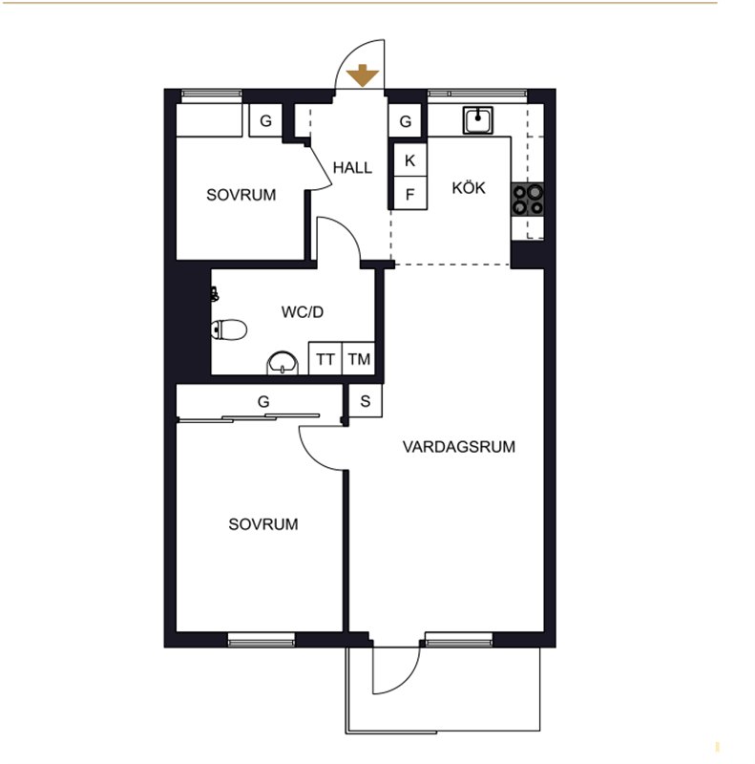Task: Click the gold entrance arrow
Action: [x=363, y=75]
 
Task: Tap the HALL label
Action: [x=352, y=168]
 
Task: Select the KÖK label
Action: [x=469, y=187]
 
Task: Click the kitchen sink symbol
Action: [x=478, y=120]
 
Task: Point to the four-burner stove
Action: [x=527, y=200]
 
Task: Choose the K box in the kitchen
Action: [x=409, y=159]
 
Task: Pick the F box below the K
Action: [x=409, y=194]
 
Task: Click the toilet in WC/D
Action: [x=229, y=329]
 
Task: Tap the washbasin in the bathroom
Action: [x=283, y=364]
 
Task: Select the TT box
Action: [x=325, y=359]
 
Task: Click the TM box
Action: [x=359, y=359]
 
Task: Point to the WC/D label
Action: [x=302, y=312]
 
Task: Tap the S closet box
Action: [x=366, y=401]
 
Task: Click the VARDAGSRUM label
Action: [x=459, y=447]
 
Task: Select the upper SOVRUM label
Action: [x=241, y=195]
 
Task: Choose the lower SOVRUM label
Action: [x=263, y=524]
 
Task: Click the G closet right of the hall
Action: [x=406, y=121]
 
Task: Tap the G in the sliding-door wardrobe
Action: [x=263, y=401]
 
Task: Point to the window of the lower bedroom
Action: [x=262, y=639]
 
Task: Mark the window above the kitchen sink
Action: [x=477, y=95]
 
